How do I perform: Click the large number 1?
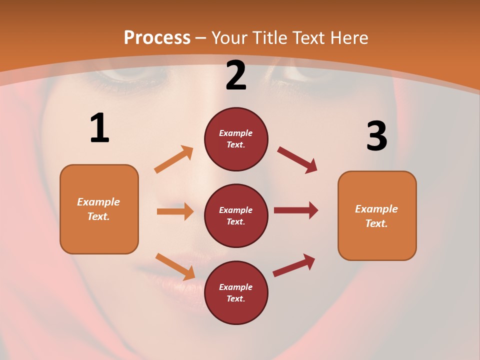point(99,128)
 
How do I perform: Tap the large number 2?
point(236,76)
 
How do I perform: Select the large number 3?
point(376,136)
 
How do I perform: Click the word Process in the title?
point(157,38)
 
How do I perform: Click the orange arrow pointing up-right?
point(174,159)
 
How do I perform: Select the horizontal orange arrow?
point(175,211)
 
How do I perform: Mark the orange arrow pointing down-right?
point(175,266)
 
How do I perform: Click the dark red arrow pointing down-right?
point(297,160)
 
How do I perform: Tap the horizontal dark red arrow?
point(296,210)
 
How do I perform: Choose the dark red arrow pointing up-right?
point(294,265)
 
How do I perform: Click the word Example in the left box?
point(98,202)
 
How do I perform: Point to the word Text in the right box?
point(376,223)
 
